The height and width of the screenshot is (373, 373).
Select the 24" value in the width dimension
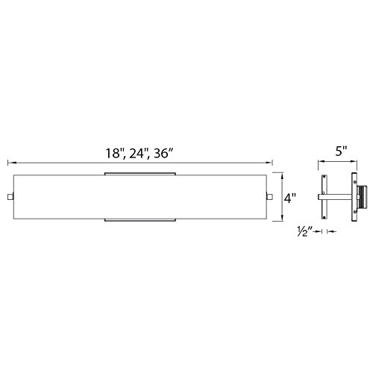point(139,154)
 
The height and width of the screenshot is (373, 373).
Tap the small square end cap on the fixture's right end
point(272,197)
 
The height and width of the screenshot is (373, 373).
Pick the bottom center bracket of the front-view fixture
point(140,222)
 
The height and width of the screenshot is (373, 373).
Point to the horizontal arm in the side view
point(339,197)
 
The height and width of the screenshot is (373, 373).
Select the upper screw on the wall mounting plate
point(355,179)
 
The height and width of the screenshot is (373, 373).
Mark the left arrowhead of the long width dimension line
point(9,162)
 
